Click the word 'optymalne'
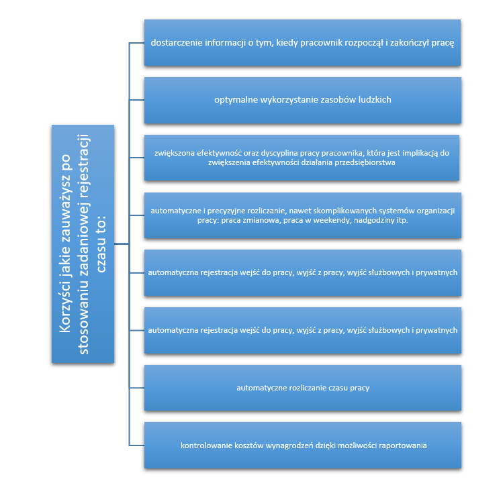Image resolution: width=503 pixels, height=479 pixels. pyautogui.click(x=234, y=100)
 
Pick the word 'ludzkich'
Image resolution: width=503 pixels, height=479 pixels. pyautogui.click(x=375, y=100)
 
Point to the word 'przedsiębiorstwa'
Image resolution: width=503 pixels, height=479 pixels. pyautogui.click(x=366, y=163)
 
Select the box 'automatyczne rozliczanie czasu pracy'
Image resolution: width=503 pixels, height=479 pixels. pyautogui.click(x=303, y=388)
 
